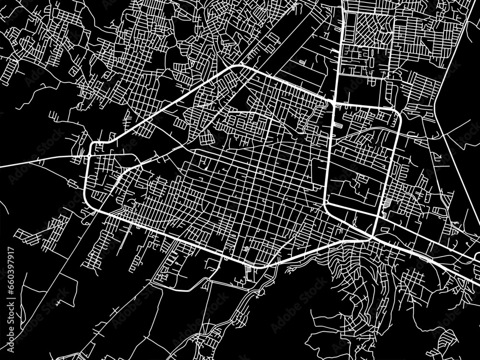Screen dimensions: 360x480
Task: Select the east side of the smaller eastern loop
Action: coord(393,163)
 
